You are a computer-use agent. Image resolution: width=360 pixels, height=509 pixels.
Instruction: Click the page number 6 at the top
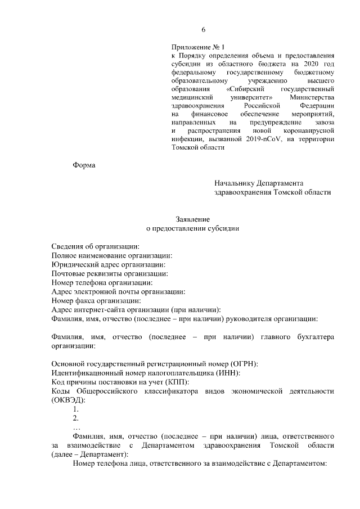[x=204, y=30]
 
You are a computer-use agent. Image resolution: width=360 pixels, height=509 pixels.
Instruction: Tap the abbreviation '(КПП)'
[x=149, y=382]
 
